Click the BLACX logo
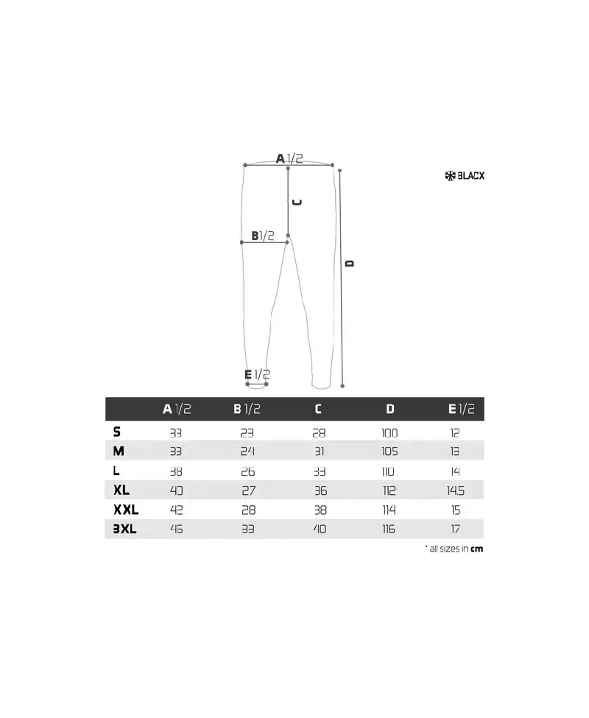465,175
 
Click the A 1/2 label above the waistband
289,158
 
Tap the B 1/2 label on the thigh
263,236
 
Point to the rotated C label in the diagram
297,203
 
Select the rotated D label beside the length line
350,264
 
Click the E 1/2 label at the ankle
257,375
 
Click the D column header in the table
390,409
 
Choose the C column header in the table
318,409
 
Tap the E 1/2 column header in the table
462,409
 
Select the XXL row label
126,510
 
